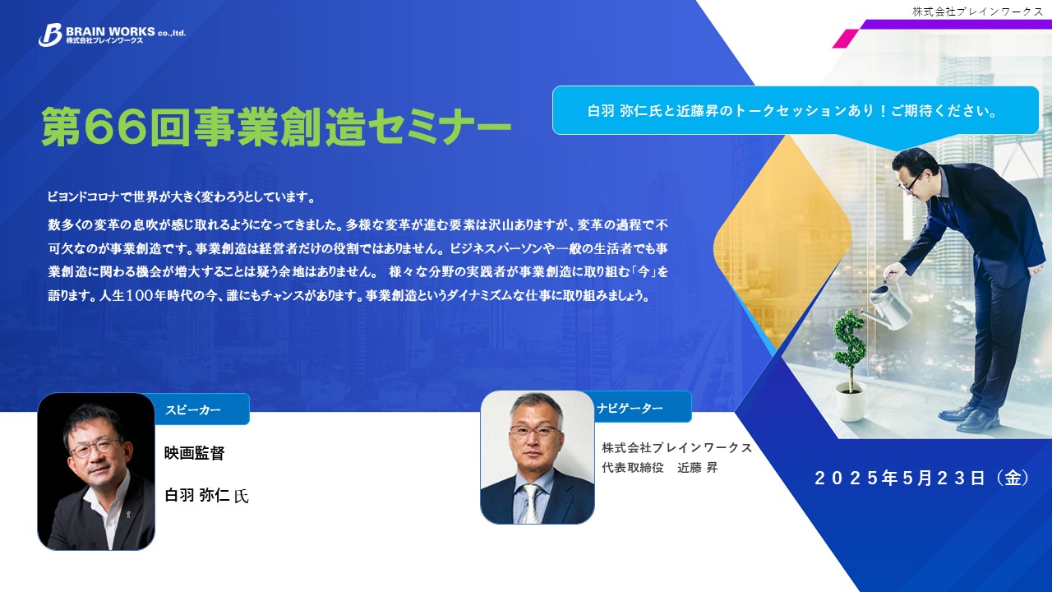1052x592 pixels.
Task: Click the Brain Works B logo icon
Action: [50, 35]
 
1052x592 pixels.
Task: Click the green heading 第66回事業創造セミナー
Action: [276, 127]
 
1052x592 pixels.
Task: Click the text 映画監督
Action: [195, 453]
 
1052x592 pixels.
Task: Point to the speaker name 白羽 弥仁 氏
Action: [206, 495]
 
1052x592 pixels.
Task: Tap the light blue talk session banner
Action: [795, 111]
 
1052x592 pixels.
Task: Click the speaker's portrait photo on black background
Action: [96, 471]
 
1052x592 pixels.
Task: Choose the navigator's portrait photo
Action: [538, 457]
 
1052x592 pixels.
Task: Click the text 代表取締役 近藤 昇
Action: [660, 468]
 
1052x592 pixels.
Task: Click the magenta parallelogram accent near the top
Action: [846, 39]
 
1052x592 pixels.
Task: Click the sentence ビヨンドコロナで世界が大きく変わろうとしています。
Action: [182, 197]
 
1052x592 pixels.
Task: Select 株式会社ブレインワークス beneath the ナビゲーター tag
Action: [676, 448]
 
